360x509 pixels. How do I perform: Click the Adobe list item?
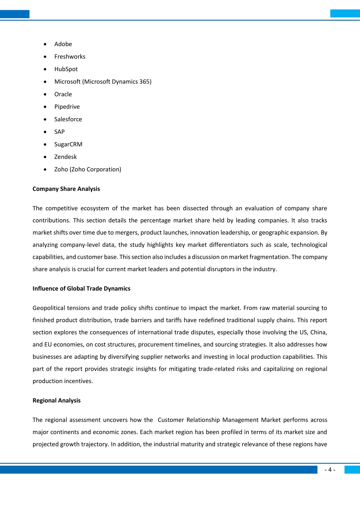[x=63, y=44]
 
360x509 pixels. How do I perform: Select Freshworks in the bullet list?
[x=70, y=57]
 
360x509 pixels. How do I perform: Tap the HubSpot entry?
[x=66, y=69]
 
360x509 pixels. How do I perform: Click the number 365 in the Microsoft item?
[x=145, y=82]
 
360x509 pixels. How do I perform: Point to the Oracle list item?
[x=63, y=94]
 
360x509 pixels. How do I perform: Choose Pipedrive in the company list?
[x=67, y=107]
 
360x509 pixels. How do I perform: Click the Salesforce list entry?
[x=68, y=119]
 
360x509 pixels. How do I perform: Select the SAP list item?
[x=59, y=132]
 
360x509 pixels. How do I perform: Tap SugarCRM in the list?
[x=68, y=144]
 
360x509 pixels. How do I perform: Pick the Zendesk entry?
[x=65, y=157]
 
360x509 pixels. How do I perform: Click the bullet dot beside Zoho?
[x=45, y=170]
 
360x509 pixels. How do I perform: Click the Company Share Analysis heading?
[x=66, y=189]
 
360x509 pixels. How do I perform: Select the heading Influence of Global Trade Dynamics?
[x=81, y=288]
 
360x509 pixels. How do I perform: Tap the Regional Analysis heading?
[x=56, y=400]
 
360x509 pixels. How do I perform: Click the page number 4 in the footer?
[x=330, y=470]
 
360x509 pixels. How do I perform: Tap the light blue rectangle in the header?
[x=345, y=13]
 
